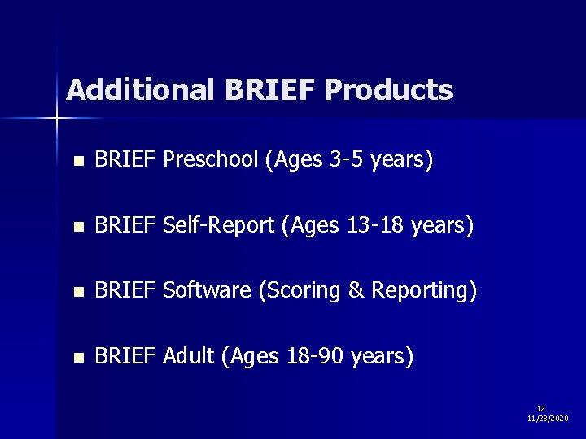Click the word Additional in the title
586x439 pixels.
[x=138, y=90]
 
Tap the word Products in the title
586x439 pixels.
[x=388, y=90]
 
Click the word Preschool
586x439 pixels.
[x=211, y=161]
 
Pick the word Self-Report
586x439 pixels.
[x=218, y=226]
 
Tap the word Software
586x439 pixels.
[x=207, y=291]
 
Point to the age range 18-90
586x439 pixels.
[x=316, y=356]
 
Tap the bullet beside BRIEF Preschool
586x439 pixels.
[x=77, y=162]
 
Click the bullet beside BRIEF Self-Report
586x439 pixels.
[x=77, y=227]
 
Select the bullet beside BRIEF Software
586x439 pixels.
[x=77, y=292]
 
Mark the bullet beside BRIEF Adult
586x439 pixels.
[x=77, y=357]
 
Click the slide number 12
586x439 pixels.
[x=541, y=408]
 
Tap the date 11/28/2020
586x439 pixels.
[x=548, y=418]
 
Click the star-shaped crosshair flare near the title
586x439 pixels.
[x=57, y=119]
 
